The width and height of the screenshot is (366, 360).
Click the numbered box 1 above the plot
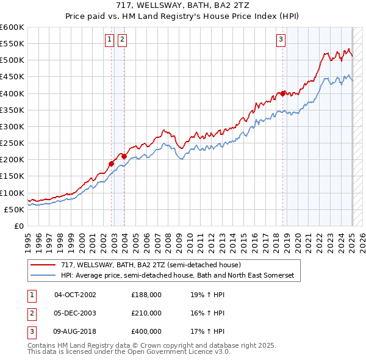point(109,40)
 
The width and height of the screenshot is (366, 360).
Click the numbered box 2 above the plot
point(122,40)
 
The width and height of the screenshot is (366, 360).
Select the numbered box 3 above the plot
point(281,40)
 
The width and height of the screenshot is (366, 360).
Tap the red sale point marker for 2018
point(283,93)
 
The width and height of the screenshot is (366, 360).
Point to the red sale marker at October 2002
point(112,163)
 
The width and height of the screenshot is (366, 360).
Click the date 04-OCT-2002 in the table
point(75,294)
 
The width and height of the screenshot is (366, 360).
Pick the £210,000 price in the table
point(146,313)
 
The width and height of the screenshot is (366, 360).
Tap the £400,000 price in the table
point(146,332)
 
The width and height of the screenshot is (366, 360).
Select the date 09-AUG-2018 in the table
point(75,332)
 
